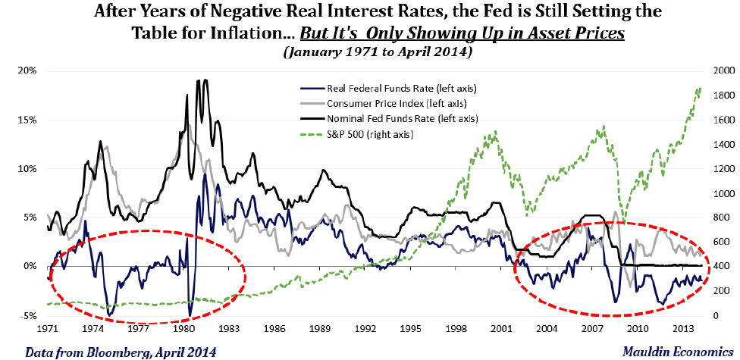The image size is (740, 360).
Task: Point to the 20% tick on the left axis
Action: (x=27, y=70)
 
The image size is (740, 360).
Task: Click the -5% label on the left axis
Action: (x=27, y=315)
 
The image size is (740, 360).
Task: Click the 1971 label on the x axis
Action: (x=47, y=331)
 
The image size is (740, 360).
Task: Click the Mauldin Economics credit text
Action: (x=670, y=352)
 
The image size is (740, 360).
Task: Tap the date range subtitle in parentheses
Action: (x=369, y=53)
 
